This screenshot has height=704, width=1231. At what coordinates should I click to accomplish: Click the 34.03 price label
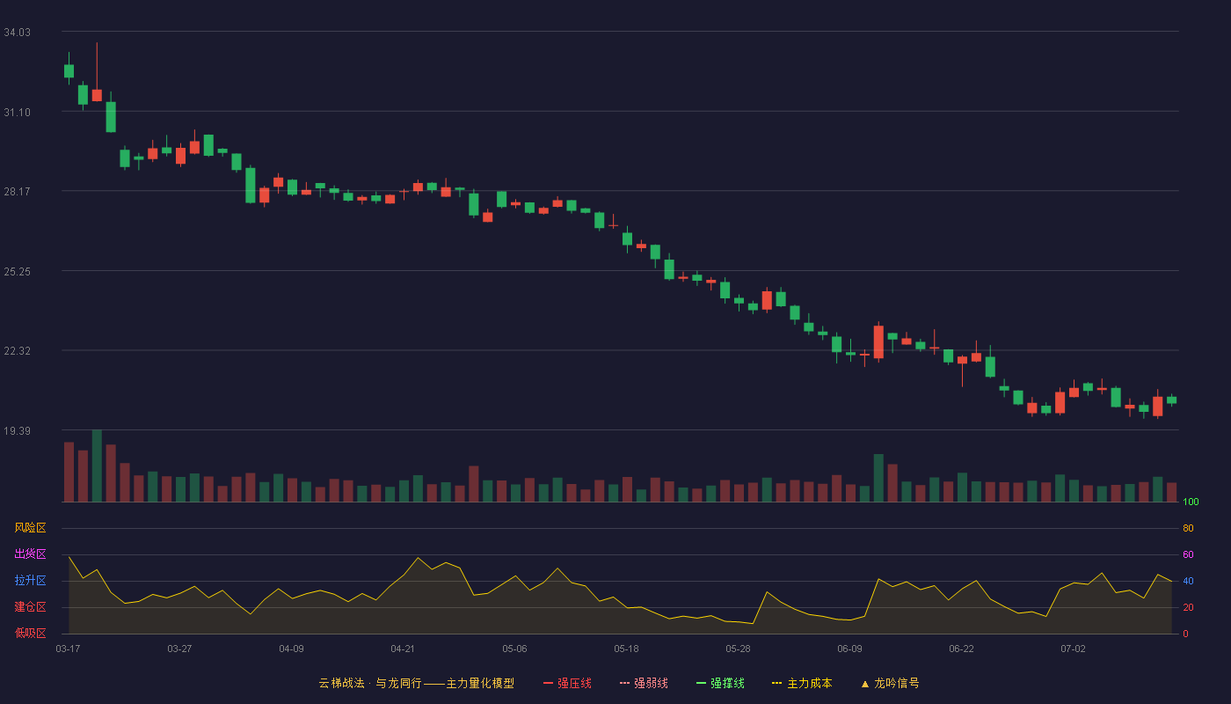[17, 33]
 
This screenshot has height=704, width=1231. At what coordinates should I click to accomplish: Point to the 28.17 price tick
[17, 192]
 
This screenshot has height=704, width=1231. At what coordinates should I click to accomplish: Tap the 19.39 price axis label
[17, 430]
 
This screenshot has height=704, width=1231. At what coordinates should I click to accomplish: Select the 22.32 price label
[17, 351]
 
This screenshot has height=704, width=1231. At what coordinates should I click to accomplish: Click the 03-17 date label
[69, 649]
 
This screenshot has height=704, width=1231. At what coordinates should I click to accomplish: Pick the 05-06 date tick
[514, 649]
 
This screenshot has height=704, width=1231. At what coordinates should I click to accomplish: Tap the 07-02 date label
[1073, 649]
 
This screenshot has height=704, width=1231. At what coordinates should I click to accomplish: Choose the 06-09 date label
[849, 649]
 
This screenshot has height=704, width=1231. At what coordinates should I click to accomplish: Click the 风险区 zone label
[30, 528]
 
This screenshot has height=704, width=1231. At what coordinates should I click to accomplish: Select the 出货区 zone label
[30, 554]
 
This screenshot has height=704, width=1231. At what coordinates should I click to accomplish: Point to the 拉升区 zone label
[30, 580]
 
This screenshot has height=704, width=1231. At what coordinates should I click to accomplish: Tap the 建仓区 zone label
[30, 606]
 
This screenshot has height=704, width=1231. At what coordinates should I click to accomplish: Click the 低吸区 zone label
[30, 633]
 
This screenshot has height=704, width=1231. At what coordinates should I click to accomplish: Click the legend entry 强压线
[568, 683]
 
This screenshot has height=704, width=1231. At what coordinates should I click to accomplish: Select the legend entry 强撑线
[720, 683]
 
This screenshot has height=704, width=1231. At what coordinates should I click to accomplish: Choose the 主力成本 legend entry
[802, 683]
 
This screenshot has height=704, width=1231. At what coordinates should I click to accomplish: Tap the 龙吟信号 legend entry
[890, 683]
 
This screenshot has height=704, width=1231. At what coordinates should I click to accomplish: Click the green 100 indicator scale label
[1191, 502]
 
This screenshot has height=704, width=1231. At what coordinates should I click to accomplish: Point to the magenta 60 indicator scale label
[1188, 554]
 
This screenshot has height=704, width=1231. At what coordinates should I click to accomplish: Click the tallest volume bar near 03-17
[97, 466]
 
